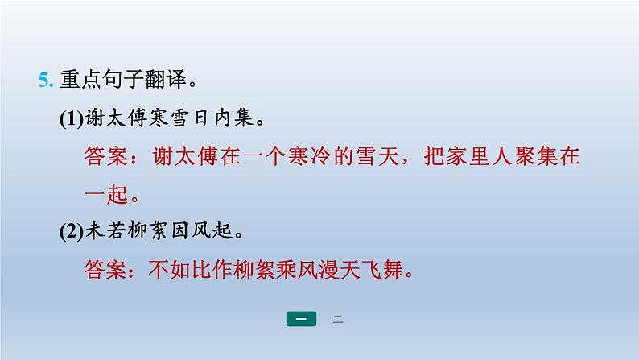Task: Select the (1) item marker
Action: coord(72,118)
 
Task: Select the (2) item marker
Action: coord(72,232)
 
